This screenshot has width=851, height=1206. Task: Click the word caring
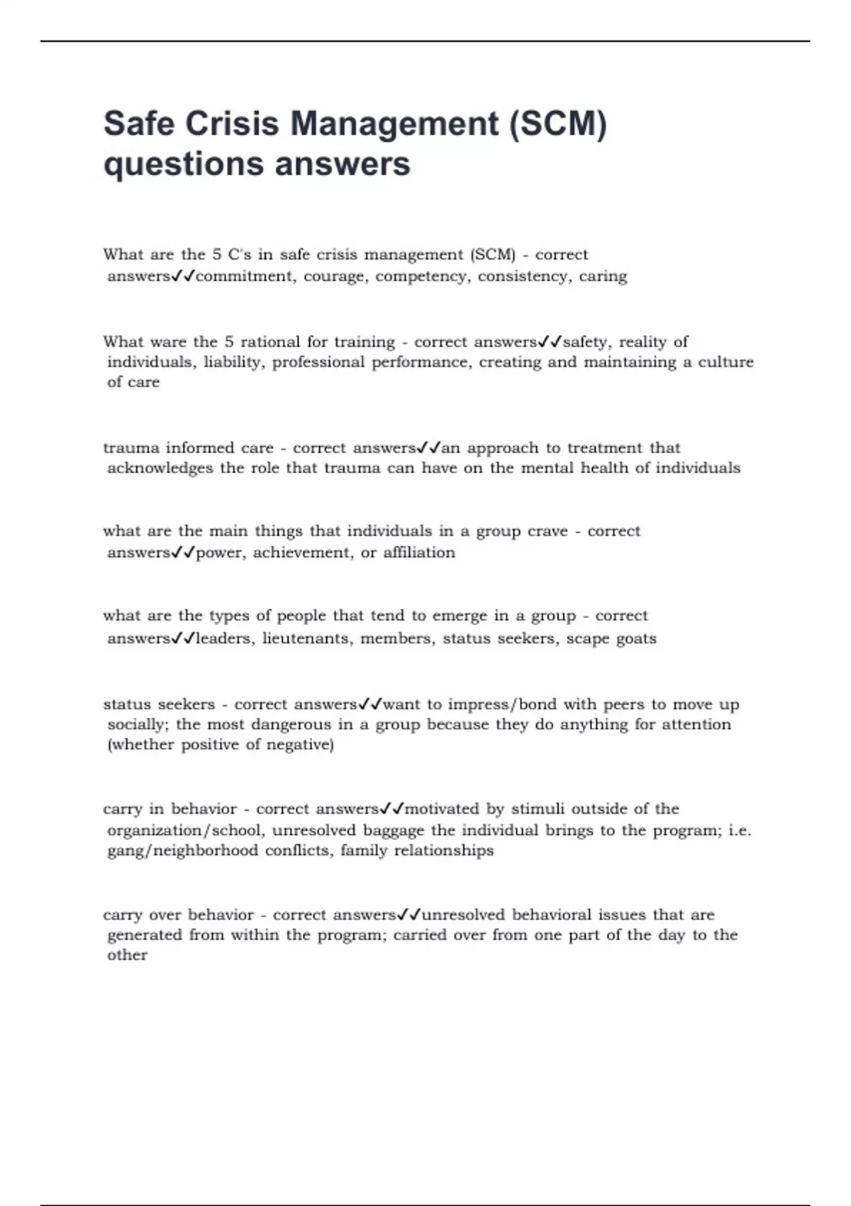[x=603, y=276]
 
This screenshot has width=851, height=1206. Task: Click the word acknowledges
[x=160, y=468]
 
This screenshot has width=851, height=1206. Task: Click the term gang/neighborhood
[x=182, y=851]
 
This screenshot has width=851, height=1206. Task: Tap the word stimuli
[x=538, y=809]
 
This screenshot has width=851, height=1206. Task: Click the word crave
[x=547, y=531]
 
